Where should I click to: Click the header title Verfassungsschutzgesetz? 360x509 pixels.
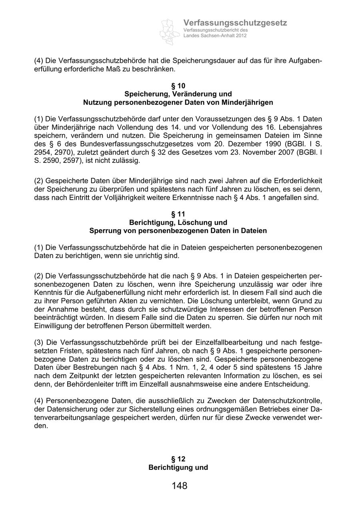[235, 23]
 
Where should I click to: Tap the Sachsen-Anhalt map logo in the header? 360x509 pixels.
[170, 31]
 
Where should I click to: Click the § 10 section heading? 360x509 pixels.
[178, 86]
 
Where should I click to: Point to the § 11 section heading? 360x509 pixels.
[178, 214]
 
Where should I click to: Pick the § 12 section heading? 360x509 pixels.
[178, 459]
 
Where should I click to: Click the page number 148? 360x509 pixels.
[179, 486]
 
